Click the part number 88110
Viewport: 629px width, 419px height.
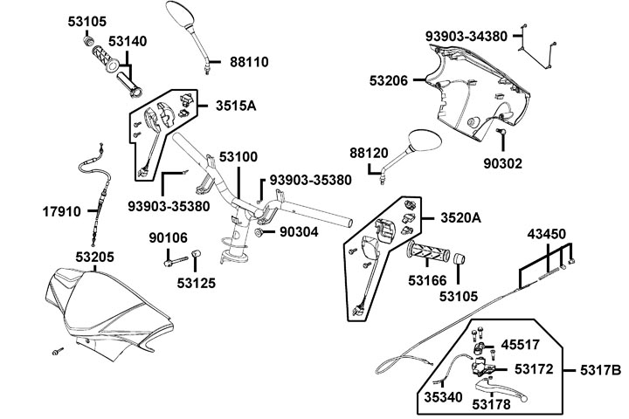pos(249,62)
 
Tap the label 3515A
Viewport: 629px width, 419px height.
pos(236,106)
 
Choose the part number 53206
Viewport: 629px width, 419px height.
pos(389,80)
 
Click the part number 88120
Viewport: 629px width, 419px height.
pos(369,152)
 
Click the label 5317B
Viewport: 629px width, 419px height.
pos(600,371)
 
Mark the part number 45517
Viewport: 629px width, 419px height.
pos(522,344)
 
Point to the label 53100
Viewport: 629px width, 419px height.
pos(238,157)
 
